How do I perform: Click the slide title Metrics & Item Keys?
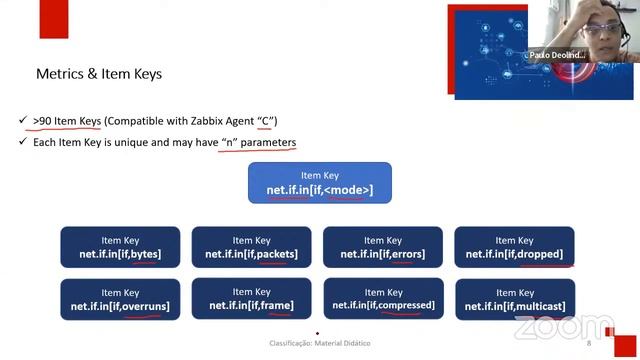pyautogui.click(x=98, y=74)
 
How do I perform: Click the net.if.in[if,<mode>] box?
pyautogui.click(x=319, y=183)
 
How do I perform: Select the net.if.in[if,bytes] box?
pyautogui.click(x=120, y=247)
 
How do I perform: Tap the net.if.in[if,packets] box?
pyautogui.click(x=251, y=247)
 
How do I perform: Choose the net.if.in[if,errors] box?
pyautogui.click(x=382, y=247)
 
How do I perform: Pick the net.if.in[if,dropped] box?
pyautogui.click(x=514, y=247)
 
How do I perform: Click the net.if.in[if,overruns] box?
pyautogui.click(x=120, y=299)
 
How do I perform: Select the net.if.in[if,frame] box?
pyautogui.click(x=251, y=299)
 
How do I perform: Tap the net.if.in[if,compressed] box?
pyautogui.click(x=382, y=299)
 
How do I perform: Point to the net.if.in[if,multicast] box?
pyautogui.click(x=514, y=299)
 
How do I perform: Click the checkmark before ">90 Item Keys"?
pyautogui.click(x=22, y=121)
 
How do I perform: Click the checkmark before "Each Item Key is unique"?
pyautogui.click(x=22, y=142)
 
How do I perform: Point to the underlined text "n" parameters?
pyautogui.click(x=258, y=142)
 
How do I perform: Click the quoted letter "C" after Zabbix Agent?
pyautogui.click(x=266, y=121)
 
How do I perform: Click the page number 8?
pyautogui.click(x=589, y=343)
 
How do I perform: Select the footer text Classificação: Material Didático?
pyautogui.click(x=319, y=343)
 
